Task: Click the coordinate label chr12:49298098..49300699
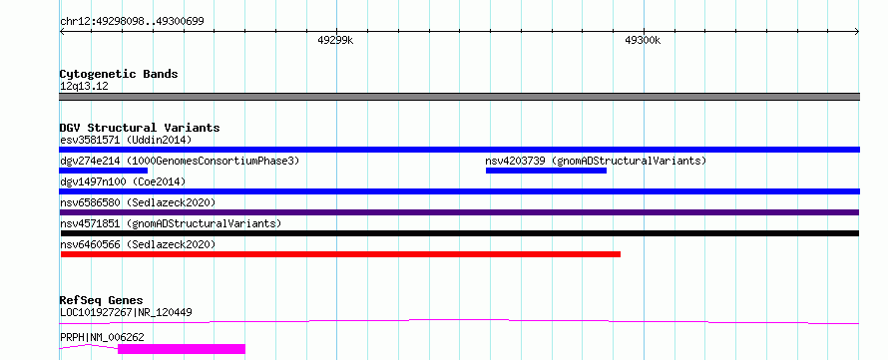[x=132, y=22]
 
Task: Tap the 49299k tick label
[x=336, y=40]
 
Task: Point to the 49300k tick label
[x=643, y=40]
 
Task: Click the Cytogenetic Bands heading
[x=119, y=74]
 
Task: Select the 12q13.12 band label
[x=84, y=87]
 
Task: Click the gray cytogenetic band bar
[x=459, y=97]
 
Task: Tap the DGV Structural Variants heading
[x=140, y=128]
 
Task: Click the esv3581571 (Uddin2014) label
[x=126, y=140]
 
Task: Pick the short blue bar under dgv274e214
[x=103, y=171]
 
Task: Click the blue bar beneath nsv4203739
[x=546, y=171]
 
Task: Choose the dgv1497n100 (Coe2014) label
[x=123, y=181]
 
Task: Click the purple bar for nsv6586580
[x=459, y=212]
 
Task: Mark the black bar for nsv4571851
[x=459, y=233]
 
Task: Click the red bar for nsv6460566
[x=340, y=254]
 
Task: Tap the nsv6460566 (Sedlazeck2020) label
[x=138, y=244]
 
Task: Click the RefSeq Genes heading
[x=102, y=300]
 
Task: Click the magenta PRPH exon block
[x=182, y=349]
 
